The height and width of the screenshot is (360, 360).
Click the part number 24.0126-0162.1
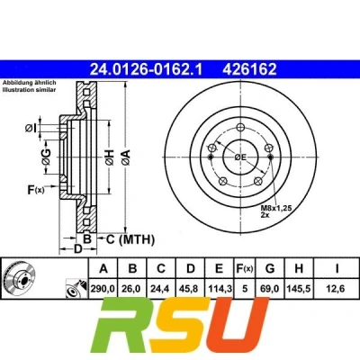(147, 69)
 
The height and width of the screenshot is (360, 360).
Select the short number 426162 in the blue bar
(249, 69)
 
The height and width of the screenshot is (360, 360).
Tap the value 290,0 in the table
(103, 289)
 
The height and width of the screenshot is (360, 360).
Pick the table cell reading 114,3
(220, 289)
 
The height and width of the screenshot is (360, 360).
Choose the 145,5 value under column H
(299, 289)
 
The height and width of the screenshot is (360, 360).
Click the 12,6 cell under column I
(337, 289)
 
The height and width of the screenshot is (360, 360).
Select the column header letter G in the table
(270, 268)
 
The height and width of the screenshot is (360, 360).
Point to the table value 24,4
(161, 289)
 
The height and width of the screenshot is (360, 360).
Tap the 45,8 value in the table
(190, 289)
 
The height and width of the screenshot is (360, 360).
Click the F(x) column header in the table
(245, 268)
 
